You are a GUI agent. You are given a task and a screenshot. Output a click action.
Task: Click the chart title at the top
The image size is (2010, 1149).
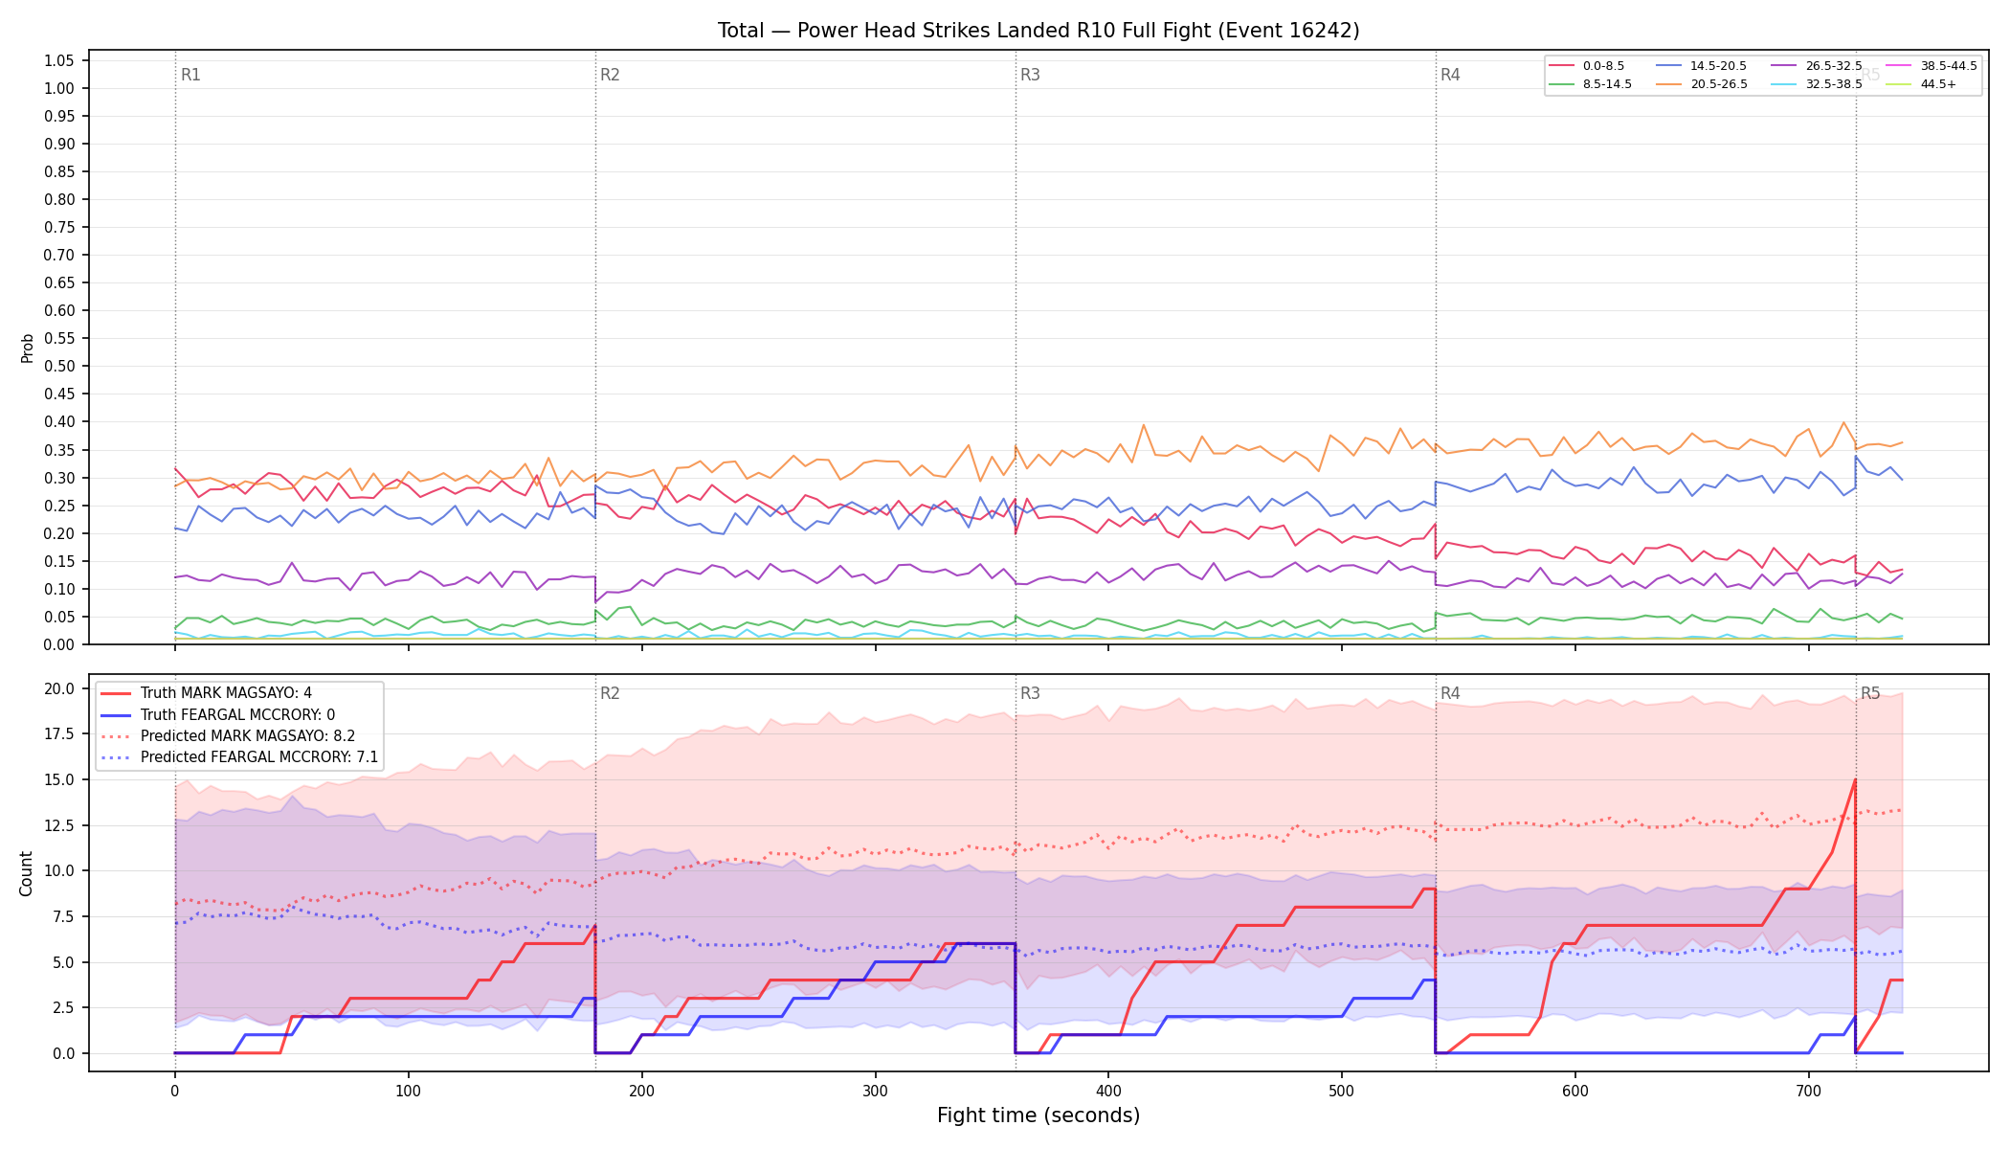point(1038,31)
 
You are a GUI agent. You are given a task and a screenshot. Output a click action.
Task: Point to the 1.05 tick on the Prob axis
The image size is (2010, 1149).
point(58,61)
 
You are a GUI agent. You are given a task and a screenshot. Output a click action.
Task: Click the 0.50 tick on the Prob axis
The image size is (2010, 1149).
point(58,367)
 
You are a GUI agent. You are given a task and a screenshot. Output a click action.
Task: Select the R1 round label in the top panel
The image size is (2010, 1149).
point(190,75)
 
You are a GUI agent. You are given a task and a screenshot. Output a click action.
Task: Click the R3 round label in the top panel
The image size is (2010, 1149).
point(1030,75)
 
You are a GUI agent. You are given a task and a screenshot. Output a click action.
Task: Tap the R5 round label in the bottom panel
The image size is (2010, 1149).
point(1870,693)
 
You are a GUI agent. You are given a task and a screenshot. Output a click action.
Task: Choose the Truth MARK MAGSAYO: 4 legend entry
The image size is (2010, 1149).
point(226,693)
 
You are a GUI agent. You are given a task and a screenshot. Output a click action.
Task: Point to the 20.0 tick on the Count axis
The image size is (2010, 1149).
point(58,689)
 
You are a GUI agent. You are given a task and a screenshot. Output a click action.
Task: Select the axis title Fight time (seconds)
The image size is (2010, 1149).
point(1038,1115)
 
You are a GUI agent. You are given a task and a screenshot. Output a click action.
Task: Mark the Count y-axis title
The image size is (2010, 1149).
point(26,873)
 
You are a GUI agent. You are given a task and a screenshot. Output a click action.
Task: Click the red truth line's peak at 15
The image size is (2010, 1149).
point(1855,779)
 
